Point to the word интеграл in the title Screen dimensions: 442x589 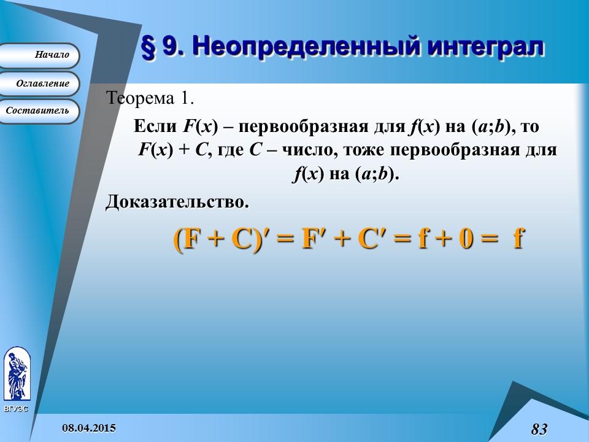click(x=483, y=48)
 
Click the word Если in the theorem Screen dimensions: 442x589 click(x=156, y=126)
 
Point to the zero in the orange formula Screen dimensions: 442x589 click(x=466, y=239)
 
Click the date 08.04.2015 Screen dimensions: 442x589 click(x=89, y=427)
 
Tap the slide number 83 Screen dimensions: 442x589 click(x=539, y=429)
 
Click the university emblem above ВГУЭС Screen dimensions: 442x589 click(x=16, y=374)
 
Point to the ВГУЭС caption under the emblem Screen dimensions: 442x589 click(x=15, y=408)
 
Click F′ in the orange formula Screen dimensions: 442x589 click(x=315, y=239)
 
